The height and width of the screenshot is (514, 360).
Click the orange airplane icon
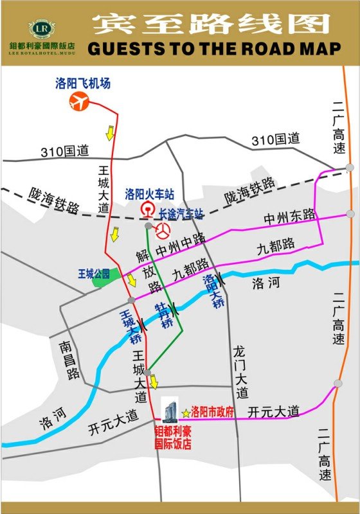(80, 101)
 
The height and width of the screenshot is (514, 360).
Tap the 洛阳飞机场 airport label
(84, 84)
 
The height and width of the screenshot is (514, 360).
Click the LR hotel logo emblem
(42, 29)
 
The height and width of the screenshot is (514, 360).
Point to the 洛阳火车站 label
(149, 193)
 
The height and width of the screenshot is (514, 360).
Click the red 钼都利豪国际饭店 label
(173, 439)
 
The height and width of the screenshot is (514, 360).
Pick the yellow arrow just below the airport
(110, 132)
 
